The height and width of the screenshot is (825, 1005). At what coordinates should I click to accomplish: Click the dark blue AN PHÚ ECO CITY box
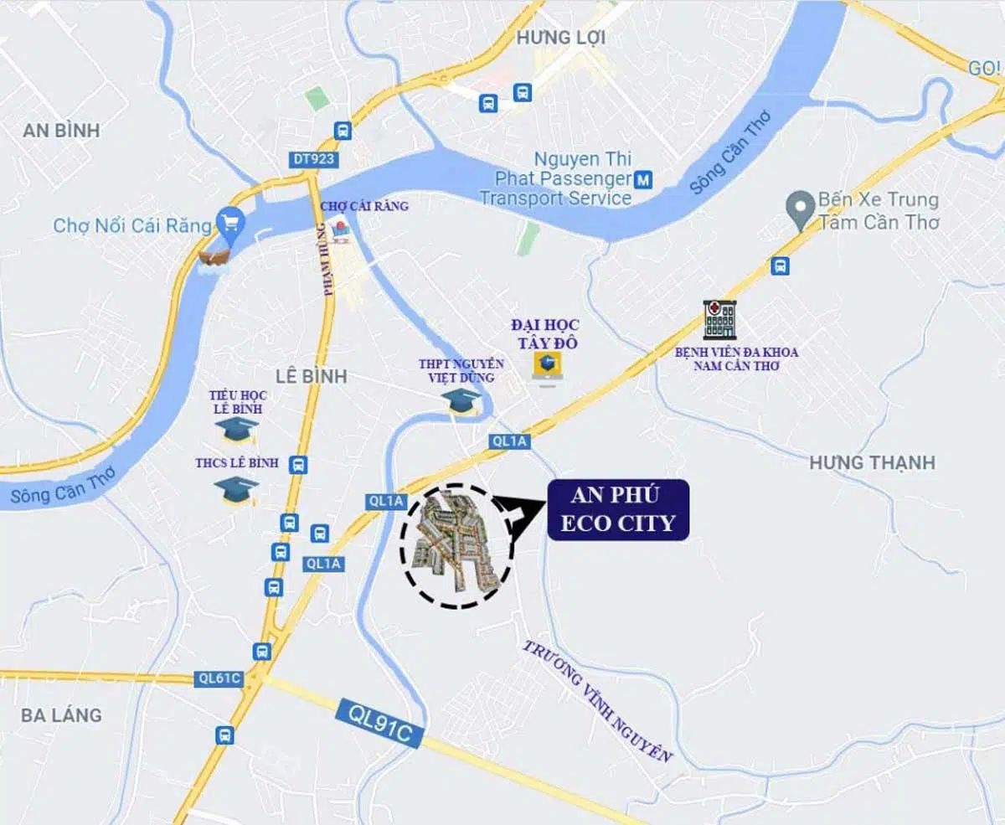coord(618,510)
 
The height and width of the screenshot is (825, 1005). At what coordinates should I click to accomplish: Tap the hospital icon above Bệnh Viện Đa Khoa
coord(719,320)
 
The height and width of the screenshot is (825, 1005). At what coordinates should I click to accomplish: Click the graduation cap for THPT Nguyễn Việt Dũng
coord(461,400)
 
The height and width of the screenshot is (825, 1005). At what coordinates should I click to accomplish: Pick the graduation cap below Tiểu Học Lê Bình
coord(236,430)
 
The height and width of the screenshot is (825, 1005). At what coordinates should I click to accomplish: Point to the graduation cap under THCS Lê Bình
coord(236,490)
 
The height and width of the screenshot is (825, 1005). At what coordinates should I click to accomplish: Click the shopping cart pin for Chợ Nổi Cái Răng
coord(226,223)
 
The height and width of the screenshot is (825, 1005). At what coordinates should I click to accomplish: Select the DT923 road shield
coord(315,159)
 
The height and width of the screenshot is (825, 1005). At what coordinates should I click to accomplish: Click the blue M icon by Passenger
coord(643,178)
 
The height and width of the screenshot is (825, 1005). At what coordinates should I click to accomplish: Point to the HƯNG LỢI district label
coord(560,38)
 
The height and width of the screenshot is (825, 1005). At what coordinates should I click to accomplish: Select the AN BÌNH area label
coord(61,130)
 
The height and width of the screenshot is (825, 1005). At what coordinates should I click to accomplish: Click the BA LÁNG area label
coord(62,714)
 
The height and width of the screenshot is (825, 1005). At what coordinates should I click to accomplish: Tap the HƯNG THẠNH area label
coord(872,462)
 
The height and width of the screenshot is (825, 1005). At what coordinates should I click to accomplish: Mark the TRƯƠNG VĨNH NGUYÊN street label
coord(598,701)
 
